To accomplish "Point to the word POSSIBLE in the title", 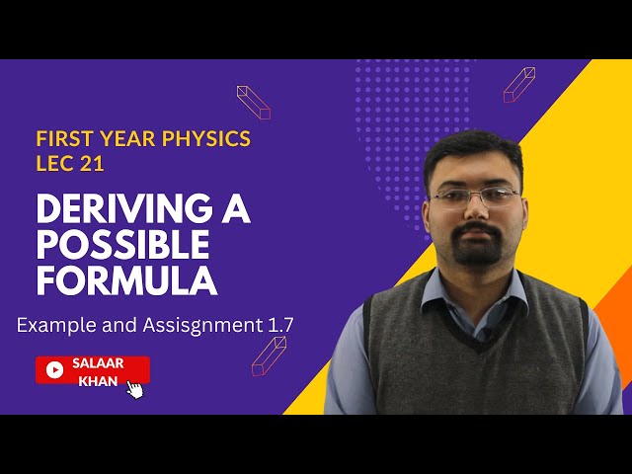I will click(x=123, y=245).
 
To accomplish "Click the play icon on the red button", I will click(x=55, y=370).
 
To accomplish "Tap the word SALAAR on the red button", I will click(x=98, y=363).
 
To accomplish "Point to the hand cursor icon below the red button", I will click(x=135, y=389).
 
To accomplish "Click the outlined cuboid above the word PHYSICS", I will click(x=254, y=102).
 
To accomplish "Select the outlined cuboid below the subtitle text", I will click(x=268, y=355).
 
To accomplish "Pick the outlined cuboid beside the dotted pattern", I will click(x=518, y=85).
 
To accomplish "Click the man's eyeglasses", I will click(x=475, y=196).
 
